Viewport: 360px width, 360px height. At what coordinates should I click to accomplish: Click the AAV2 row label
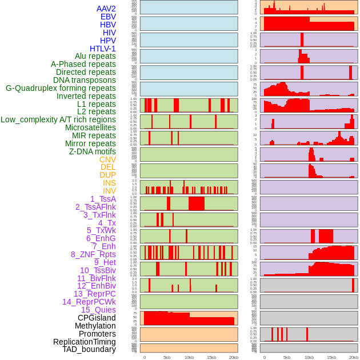click(x=106, y=9)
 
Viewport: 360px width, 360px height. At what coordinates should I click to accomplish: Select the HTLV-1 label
click(x=103, y=49)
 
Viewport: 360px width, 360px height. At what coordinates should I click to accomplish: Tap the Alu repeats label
click(x=95, y=56)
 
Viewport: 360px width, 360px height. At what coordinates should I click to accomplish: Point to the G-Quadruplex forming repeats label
click(x=61, y=88)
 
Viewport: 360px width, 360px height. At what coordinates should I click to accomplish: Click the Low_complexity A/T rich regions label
click(x=58, y=119)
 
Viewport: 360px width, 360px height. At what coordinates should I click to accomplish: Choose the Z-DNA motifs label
click(x=93, y=151)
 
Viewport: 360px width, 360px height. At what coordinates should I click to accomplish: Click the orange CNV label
click(x=107, y=159)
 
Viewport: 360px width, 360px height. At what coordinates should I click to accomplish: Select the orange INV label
click(x=109, y=191)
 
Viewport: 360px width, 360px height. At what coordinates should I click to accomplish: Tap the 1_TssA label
click(x=103, y=199)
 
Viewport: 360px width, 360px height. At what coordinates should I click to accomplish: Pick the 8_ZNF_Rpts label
click(x=93, y=254)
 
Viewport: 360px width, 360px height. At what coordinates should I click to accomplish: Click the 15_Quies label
click(x=98, y=310)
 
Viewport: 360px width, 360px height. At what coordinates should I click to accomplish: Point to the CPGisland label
click(x=97, y=318)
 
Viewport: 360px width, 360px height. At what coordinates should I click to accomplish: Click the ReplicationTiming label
click(x=85, y=342)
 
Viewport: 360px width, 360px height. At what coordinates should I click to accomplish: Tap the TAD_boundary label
click(x=89, y=349)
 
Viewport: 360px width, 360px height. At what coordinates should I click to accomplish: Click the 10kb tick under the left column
click(x=189, y=357)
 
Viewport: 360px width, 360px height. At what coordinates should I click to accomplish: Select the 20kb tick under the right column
click(x=354, y=357)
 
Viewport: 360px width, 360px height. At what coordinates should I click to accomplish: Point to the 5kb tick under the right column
click(x=287, y=357)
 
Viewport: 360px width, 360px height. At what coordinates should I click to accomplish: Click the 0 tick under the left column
click(x=145, y=357)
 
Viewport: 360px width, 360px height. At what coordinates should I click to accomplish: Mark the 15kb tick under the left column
click(x=211, y=357)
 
